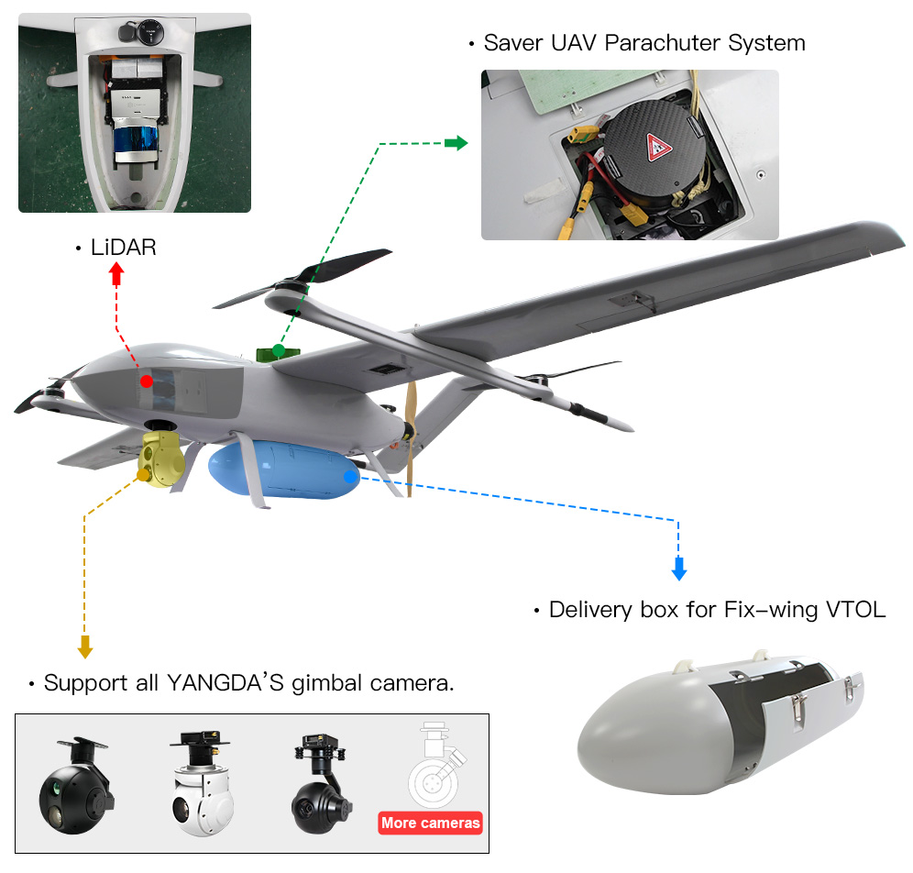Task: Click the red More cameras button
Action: (x=430, y=823)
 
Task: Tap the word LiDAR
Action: (x=123, y=248)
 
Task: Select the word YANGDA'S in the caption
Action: (x=225, y=683)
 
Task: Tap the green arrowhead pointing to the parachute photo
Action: (x=456, y=143)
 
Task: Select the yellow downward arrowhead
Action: (x=85, y=646)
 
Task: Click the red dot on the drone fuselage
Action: (x=145, y=381)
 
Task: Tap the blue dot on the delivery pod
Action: (x=348, y=477)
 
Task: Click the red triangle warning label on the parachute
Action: (x=658, y=147)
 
